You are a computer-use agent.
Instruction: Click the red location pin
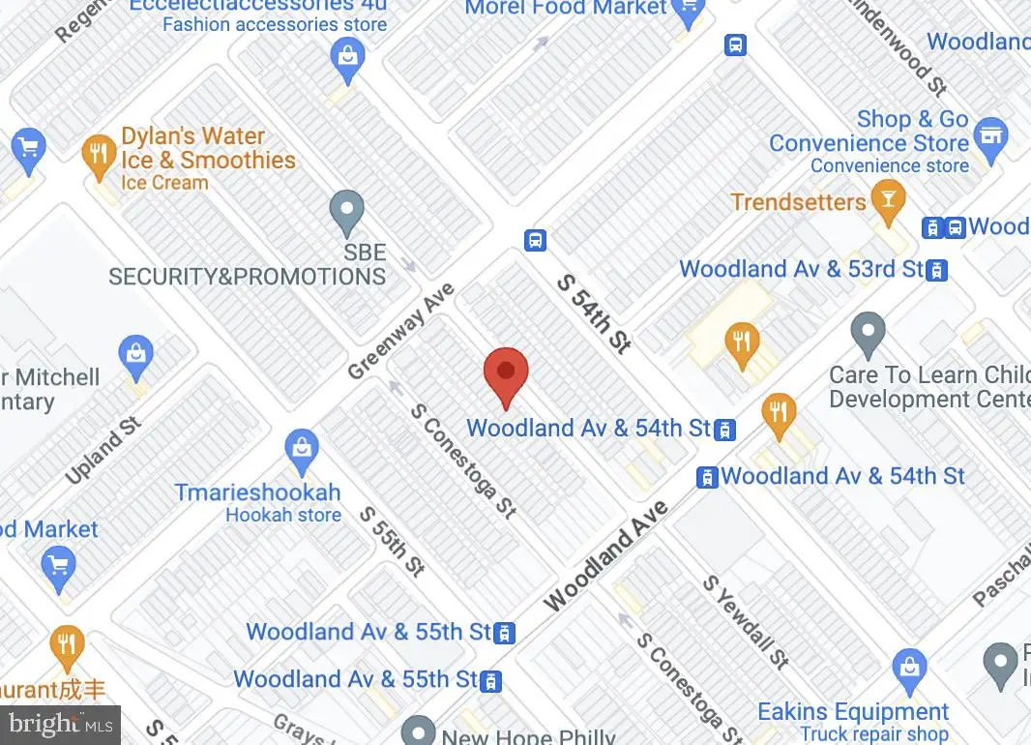click(505, 372)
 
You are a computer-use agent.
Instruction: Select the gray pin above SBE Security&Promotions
click(346, 212)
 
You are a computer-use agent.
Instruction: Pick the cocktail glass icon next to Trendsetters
click(886, 198)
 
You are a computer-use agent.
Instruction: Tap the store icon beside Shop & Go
click(990, 135)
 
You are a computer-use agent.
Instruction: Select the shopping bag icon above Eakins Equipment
click(909, 667)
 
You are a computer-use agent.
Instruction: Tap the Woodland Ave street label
click(605, 554)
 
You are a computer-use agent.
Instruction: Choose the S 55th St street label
click(393, 542)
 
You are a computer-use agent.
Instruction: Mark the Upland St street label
click(103, 451)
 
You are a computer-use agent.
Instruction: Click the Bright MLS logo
click(60, 724)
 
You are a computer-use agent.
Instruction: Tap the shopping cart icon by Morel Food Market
click(689, 11)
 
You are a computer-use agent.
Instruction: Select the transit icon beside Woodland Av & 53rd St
click(936, 270)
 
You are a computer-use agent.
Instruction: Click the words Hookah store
click(283, 515)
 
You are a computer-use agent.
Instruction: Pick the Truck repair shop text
click(874, 734)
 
